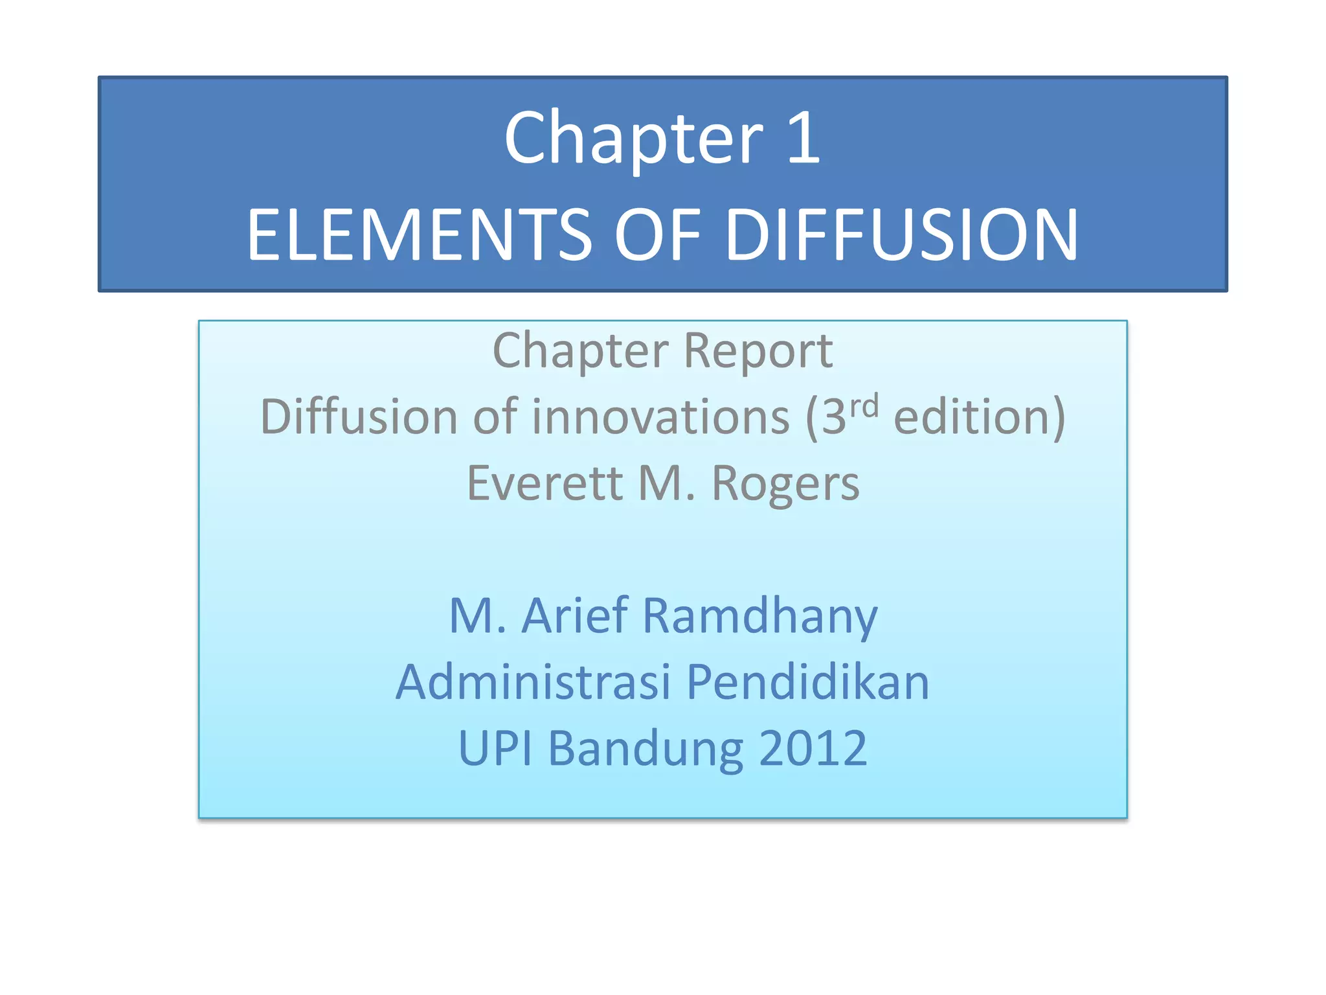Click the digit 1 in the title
(x=805, y=138)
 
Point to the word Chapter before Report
(x=580, y=351)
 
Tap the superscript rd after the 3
(x=864, y=406)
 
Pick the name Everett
(x=545, y=484)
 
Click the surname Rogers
(x=785, y=484)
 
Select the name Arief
(x=575, y=615)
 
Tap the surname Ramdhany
(x=759, y=615)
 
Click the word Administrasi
(x=533, y=682)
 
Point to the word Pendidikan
(x=807, y=682)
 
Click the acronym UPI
(x=495, y=749)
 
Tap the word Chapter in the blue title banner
(x=634, y=138)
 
